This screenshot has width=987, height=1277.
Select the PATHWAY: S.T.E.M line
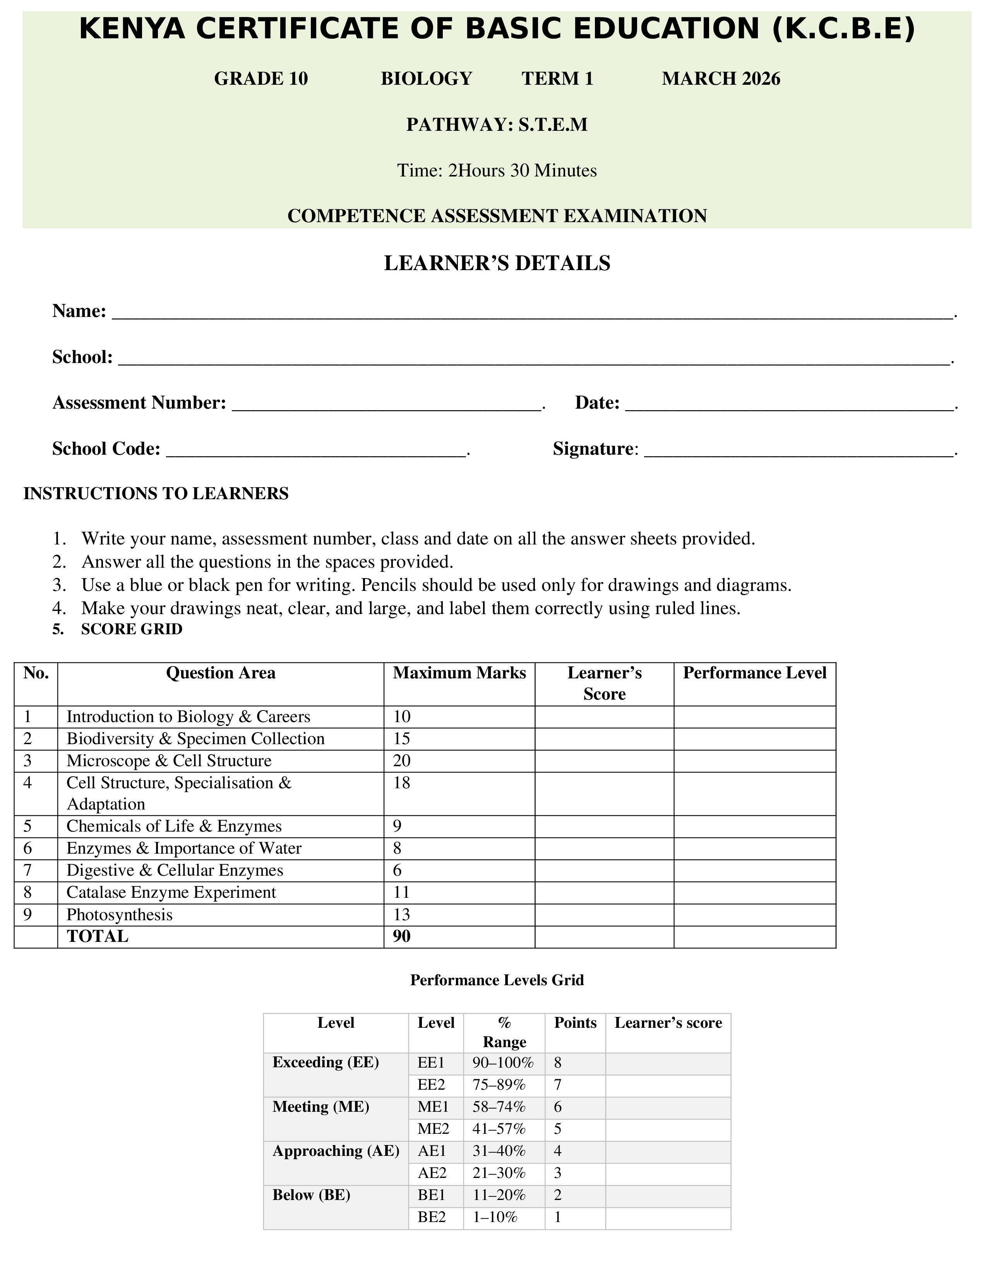point(497,125)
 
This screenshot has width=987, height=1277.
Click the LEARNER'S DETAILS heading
point(497,263)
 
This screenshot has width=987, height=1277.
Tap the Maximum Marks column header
point(459,673)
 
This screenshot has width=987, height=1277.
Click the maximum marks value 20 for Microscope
point(402,761)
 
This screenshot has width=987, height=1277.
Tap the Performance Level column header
point(754,673)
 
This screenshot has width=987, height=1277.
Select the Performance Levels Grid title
point(497,980)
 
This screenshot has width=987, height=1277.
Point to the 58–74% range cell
point(499,1107)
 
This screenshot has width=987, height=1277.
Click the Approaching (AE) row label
point(336,1151)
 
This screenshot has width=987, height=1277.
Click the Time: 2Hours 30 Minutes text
point(497,170)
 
